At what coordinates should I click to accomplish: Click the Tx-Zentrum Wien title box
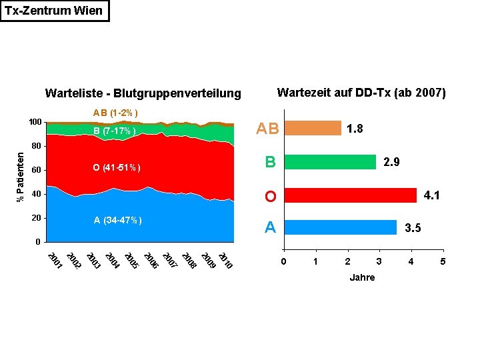click(54, 11)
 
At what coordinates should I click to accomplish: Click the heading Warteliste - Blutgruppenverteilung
click(142, 93)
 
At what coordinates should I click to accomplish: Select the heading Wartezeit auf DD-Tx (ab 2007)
click(361, 92)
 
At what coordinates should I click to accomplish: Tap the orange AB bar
click(312, 128)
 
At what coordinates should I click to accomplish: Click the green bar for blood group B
click(329, 162)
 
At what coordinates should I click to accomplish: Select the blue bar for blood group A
click(339, 227)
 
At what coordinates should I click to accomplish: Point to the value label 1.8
click(355, 129)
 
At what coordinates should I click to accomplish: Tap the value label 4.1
click(431, 196)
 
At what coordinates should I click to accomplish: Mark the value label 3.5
click(413, 228)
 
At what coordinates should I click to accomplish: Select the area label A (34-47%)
click(118, 220)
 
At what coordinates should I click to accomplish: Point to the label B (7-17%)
click(115, 131)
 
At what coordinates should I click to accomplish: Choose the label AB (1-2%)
click(115, 112)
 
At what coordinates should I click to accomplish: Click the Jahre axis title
click(362, 277)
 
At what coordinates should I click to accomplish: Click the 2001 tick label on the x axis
click(55, 261)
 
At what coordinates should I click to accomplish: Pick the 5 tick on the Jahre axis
click(443, 261)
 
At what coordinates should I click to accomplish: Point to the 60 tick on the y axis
click(37, 170)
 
